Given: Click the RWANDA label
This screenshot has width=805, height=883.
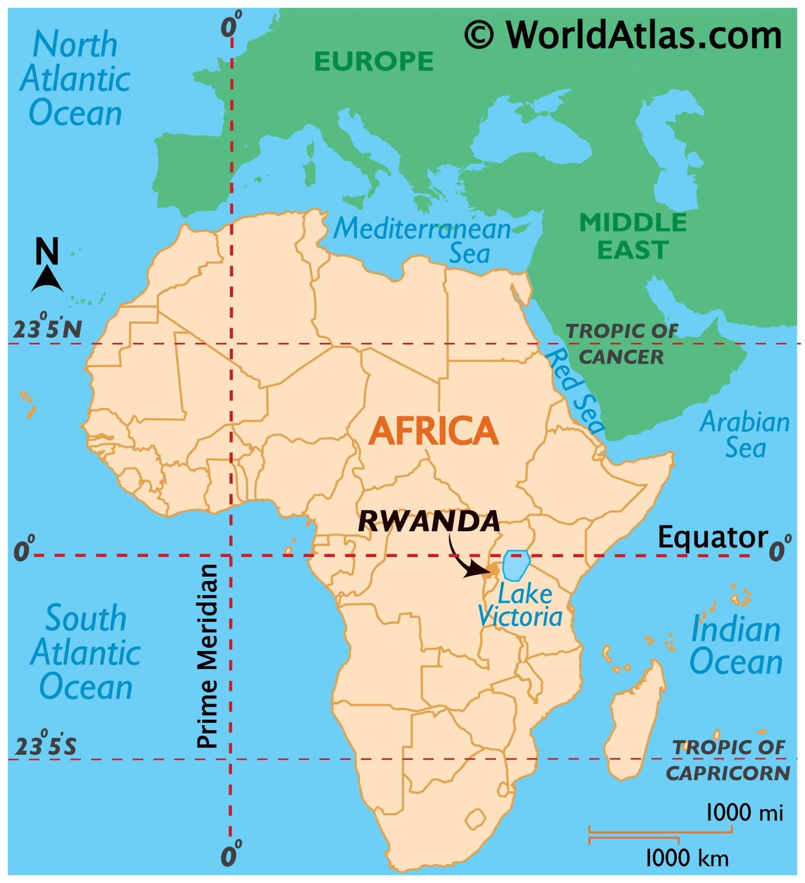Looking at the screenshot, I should pyautogui.click(x=428, y=521).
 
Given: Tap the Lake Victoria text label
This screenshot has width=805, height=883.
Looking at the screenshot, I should pyautogui.click(x=519, y=606).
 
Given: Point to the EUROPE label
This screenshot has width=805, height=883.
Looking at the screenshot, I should pyautogui.click(x=373, y=61).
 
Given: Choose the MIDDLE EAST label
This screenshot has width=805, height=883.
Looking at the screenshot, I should pyautogui.click(x=633, y=236).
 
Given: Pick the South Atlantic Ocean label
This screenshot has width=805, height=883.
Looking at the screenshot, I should pyautogui.click(x=85, y=652).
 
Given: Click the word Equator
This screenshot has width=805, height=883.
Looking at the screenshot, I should pyautogui.click(x=712, y=537).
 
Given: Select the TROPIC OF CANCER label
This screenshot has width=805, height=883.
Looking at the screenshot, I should pyautogui.click(x=622, y=343).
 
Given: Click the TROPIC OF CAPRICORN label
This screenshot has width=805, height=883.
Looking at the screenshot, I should pyautogui.click(x=728, y=760).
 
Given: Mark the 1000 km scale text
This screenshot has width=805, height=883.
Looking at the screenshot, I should pyautogui.click(x=686, y=857).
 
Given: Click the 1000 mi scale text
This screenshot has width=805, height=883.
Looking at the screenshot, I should pyautogui.click(x=744, y=812).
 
